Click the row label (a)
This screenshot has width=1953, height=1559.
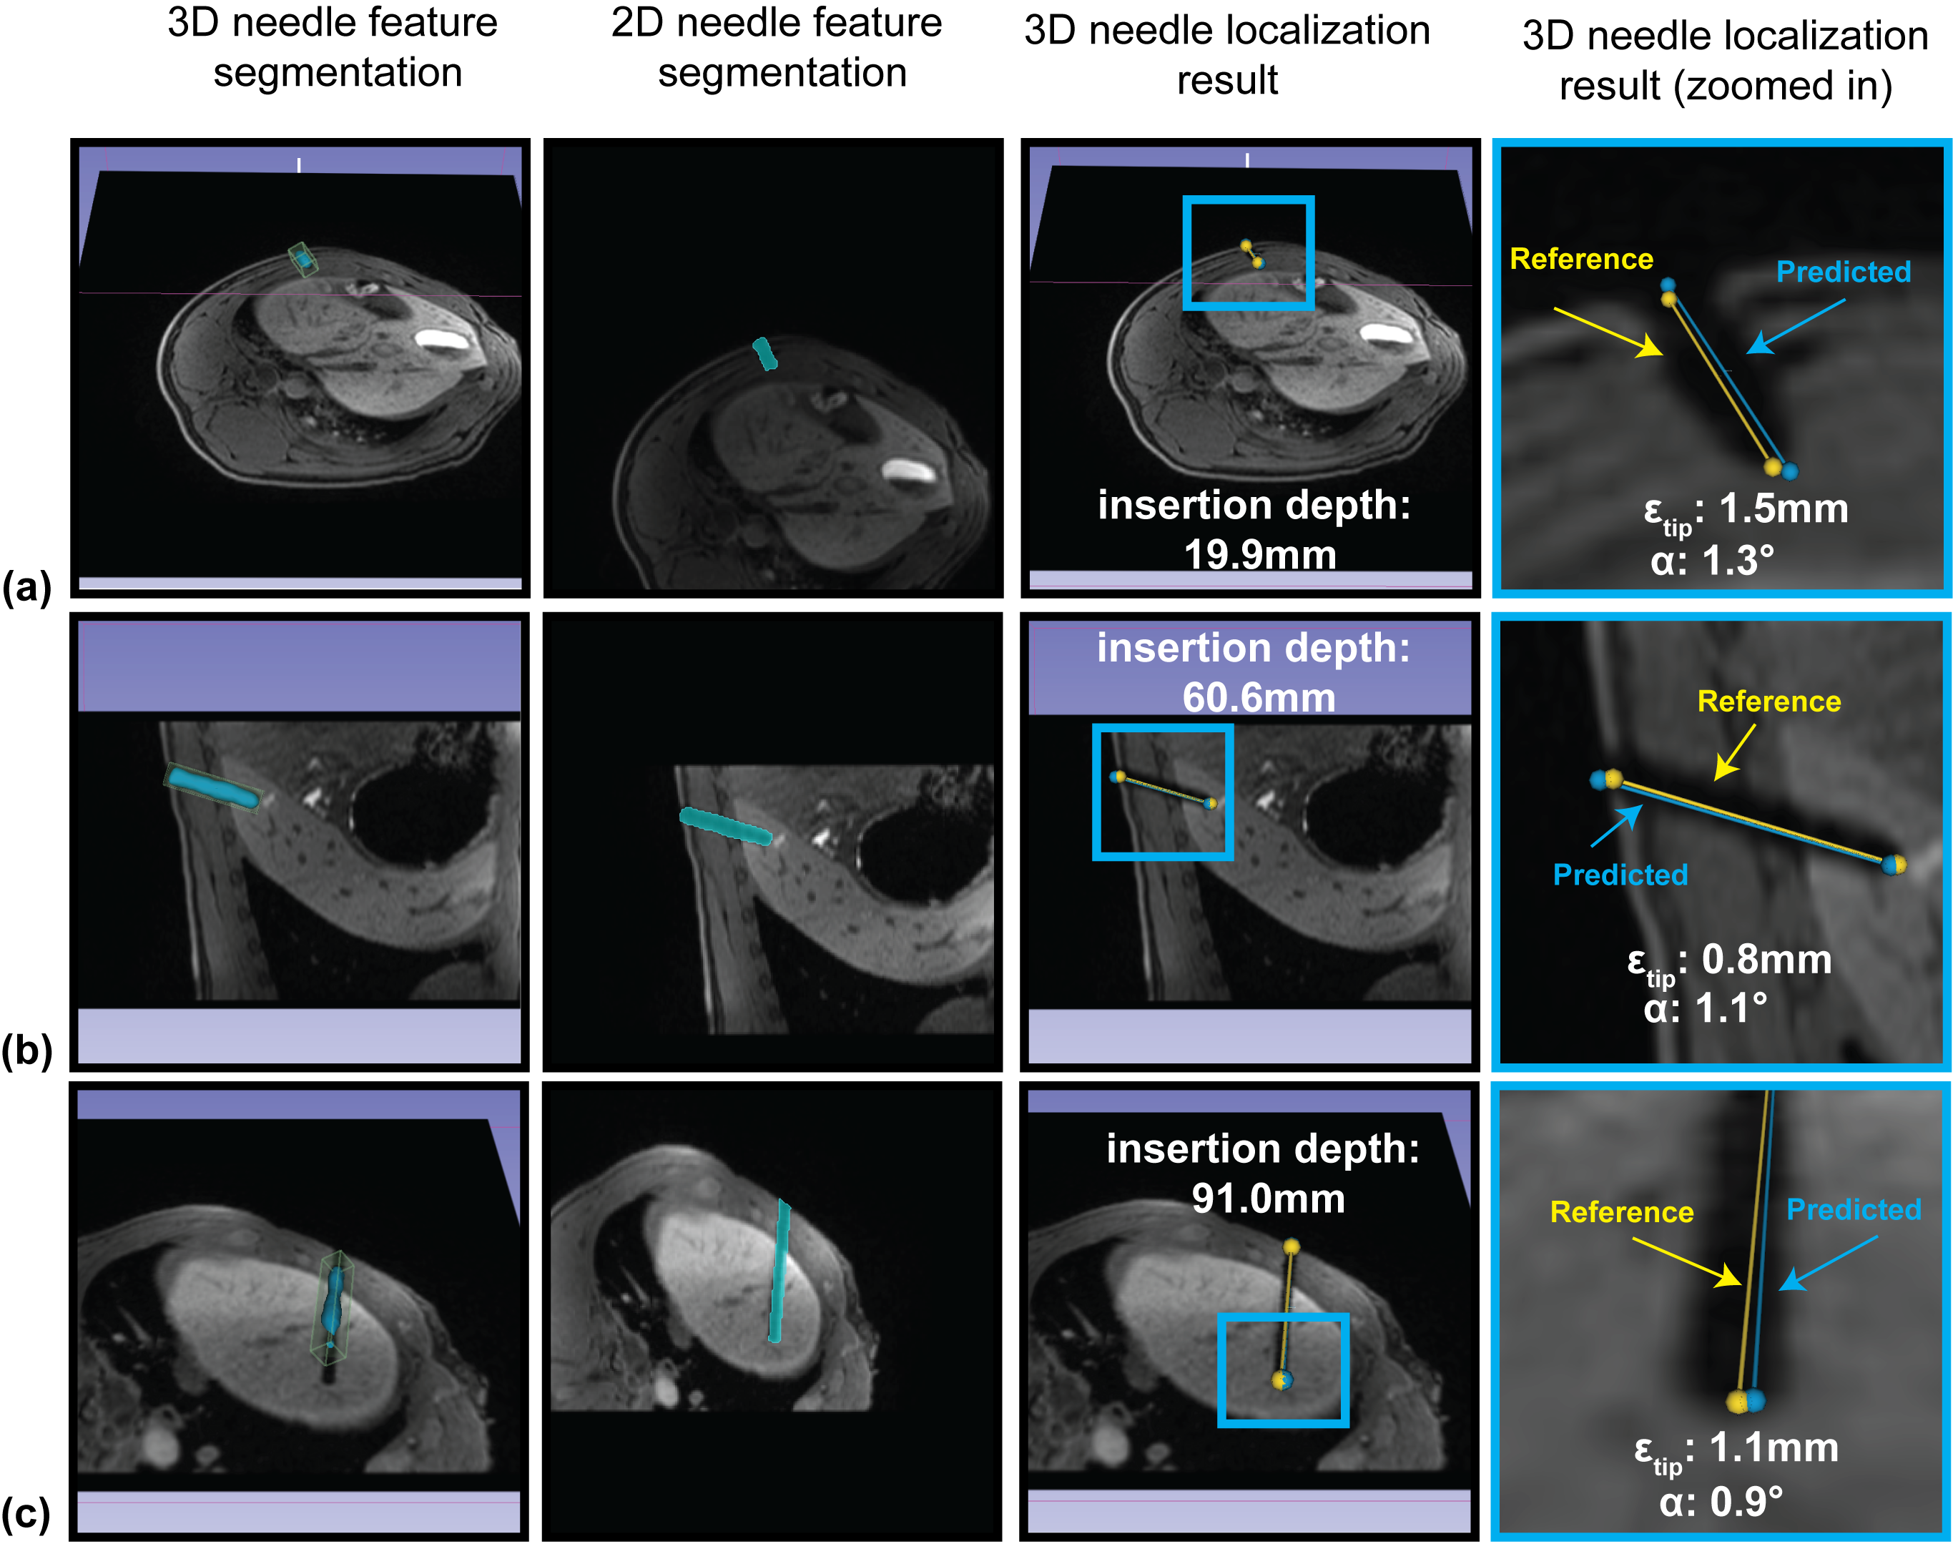[x=26, y=587]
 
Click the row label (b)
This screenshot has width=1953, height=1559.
[x=26, y=1051]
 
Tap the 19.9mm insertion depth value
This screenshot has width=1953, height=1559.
[x=1260, y=554]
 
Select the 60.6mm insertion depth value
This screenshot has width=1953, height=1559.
[x=1259, y=697]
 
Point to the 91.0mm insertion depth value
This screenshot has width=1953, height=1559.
[x=1268, y=1199]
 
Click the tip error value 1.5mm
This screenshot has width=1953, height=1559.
[x=1783, y=508]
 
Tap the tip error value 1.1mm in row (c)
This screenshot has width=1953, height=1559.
[x=1774, y=1447]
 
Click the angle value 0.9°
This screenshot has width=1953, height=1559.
[x=1746, y=1501]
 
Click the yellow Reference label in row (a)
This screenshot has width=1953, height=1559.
[x=1580, y=259]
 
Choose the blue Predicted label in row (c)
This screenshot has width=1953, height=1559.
[x=1854, y=1209]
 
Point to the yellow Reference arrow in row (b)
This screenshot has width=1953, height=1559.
[x=1735, y=751]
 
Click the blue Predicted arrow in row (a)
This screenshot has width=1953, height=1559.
[x=1796, y=326]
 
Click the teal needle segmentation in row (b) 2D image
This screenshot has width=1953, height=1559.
[x=726, y=825]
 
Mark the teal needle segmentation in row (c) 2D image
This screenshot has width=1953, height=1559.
[x=778, y=1270]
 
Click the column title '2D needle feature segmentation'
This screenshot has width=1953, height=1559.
[x=778, y=47]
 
